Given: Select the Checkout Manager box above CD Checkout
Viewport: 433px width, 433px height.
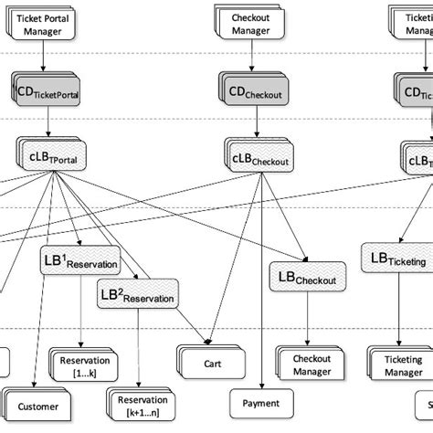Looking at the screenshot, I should click(250, 23).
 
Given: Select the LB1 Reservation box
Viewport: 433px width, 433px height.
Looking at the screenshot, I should click(80, 261).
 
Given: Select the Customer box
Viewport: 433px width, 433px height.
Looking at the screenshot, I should click(37, 406).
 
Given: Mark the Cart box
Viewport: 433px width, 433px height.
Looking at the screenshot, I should click(212, 363).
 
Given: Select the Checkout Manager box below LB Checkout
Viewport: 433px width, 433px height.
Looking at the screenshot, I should click(311, 364).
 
